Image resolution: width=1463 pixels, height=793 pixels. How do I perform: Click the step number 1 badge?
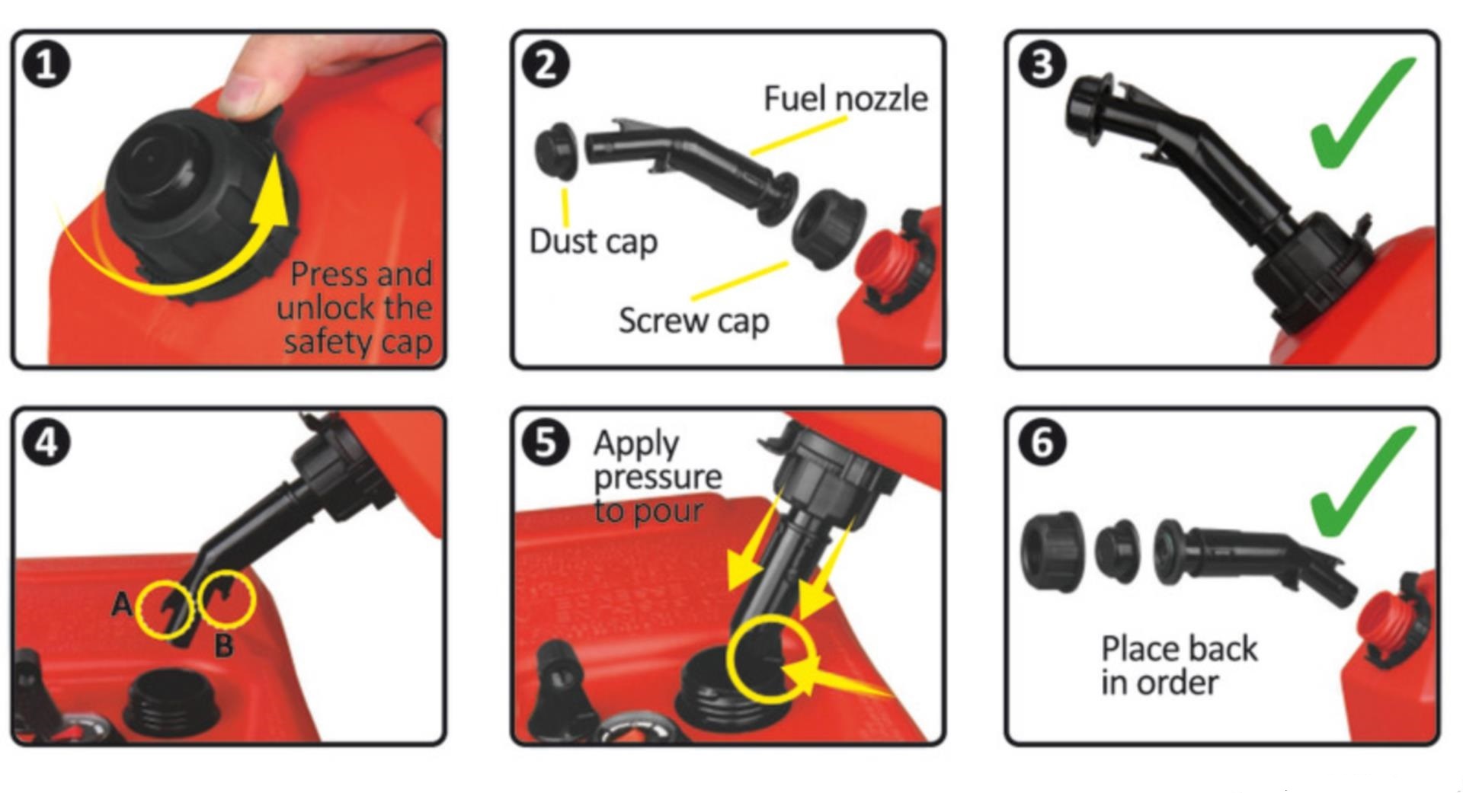(46, 64)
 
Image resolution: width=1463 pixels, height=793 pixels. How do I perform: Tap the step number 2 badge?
(546, 64)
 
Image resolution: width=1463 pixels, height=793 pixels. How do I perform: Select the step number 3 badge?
(1042, 64)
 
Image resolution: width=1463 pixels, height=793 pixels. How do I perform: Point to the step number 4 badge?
(46, 442)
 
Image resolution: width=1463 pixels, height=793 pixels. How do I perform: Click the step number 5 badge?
(546, 442)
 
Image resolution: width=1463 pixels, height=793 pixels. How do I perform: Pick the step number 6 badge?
(1042, 442)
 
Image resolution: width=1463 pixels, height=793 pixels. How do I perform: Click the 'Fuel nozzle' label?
(846, 99)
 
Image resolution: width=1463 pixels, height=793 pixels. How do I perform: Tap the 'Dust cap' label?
(593, 242)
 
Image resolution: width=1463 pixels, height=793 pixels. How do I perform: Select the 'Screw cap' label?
(693, 321)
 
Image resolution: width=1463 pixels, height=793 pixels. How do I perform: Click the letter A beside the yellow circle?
(122, 605)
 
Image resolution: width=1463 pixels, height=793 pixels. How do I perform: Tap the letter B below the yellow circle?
(223, 646)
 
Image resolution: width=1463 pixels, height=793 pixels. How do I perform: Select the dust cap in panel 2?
(557, 151)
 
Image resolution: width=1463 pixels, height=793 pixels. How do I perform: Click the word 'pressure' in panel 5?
(658, 478)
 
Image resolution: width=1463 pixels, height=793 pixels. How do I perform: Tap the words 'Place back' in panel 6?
(1180, 649)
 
